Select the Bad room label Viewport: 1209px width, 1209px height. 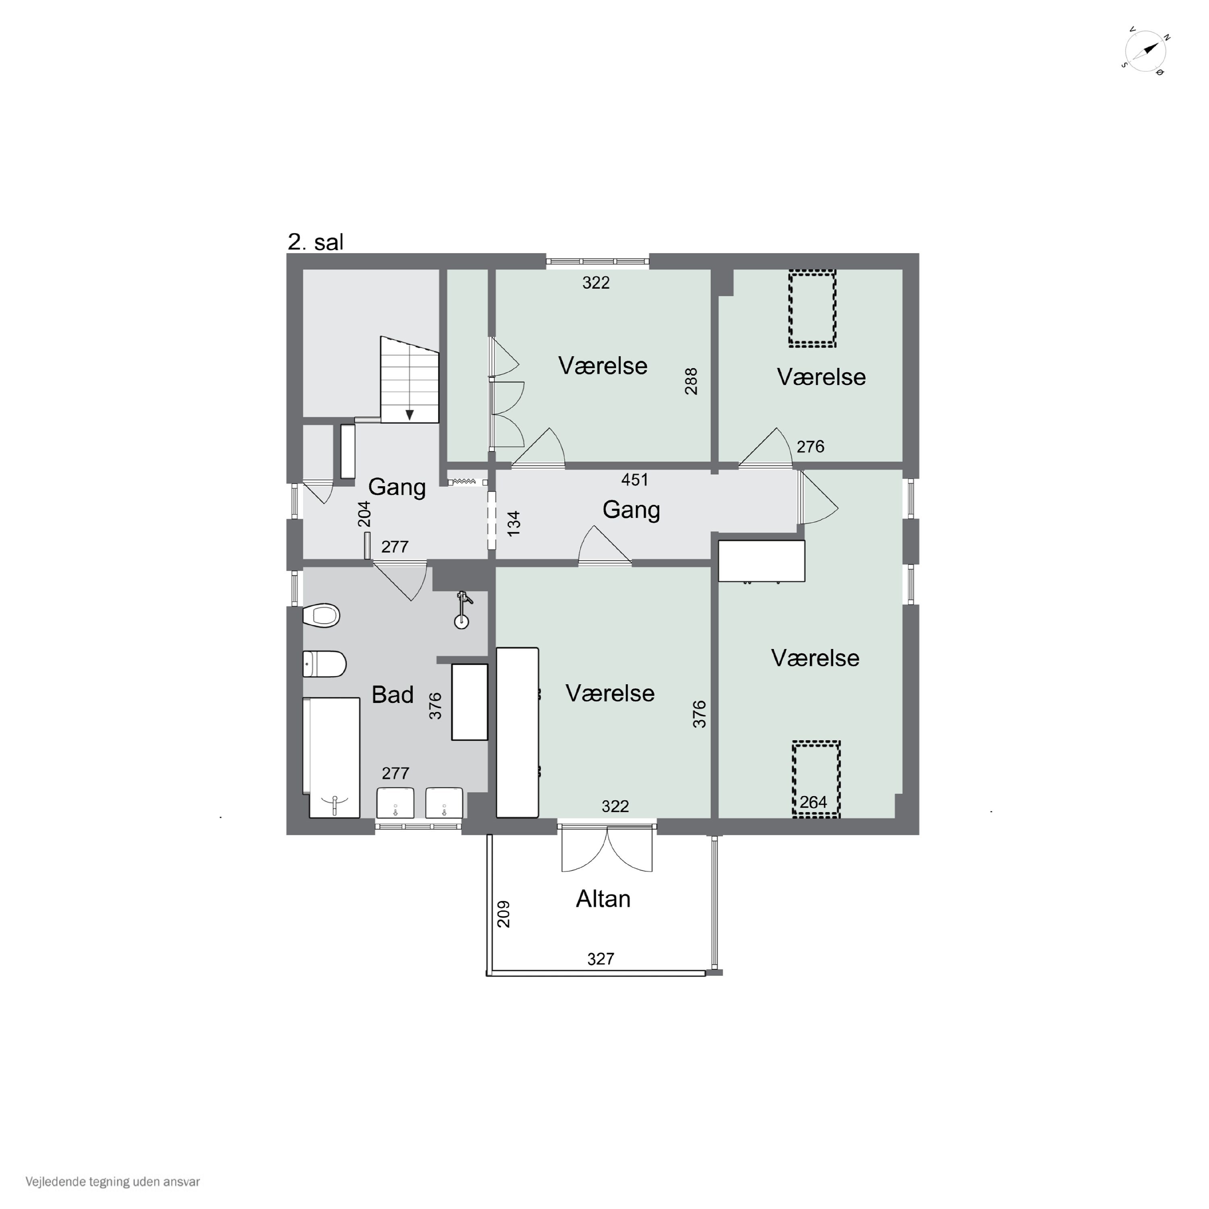(393, 695)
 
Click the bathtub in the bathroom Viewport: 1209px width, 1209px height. (331, 757)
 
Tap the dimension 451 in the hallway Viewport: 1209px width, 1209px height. (635, 479)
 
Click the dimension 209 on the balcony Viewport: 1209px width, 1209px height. (503, 914)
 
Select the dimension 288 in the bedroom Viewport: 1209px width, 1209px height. (691, 381)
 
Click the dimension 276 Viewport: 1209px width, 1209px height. (810, 446)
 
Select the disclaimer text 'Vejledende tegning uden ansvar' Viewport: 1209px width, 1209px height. (113, 1182)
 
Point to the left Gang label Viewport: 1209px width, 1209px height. (397, 487)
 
